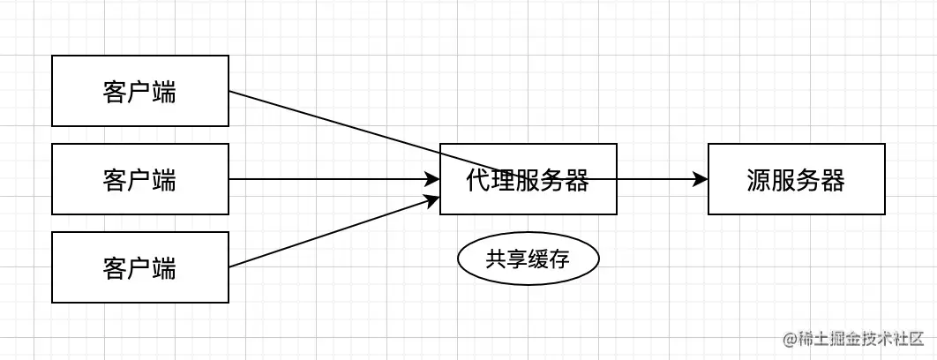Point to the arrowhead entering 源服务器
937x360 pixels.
(701, 179)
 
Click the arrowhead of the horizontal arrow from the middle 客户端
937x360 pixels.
(432, 179)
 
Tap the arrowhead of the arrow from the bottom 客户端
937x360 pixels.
(432, 199)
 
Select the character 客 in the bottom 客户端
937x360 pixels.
(115, 268)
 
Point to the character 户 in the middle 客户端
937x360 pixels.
(139, 180)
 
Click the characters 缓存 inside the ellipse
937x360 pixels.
(549, 259)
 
